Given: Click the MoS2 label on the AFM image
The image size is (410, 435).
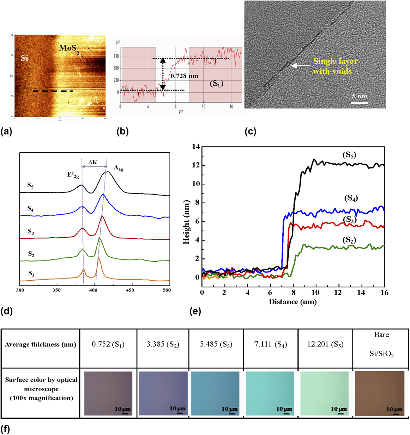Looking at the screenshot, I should click(x=69, y=48).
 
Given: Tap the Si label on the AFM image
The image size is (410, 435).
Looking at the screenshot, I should click(x=24, y=58).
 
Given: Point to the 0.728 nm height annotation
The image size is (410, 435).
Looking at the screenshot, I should click(x=184, y=76).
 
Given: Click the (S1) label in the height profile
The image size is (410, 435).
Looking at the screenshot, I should click(x=216, y=84).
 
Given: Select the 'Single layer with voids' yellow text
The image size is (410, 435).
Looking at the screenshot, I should click(x=335, y=66).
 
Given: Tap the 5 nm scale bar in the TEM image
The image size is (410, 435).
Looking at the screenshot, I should click(x=359, y=103).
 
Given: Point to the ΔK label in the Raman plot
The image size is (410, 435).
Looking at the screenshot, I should click(x=93, y=162).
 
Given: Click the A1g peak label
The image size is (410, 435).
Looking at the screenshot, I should click(x=119, y=169).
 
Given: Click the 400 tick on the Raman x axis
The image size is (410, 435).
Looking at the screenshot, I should click(x=93, y=290).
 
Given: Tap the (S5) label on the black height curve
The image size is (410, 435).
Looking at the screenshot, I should click(x=349, y=155).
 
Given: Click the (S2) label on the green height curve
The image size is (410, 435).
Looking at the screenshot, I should click(x=349, y=240).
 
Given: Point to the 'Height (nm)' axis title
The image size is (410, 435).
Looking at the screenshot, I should click(x=186, y=222).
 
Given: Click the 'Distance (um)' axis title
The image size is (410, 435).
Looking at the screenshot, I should click(x=293, y=302).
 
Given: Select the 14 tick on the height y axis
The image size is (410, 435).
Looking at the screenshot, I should click(x=195, y=147).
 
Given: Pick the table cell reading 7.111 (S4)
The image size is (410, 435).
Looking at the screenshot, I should click(x=271, y=344).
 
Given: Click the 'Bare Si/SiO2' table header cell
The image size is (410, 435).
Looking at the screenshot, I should click(x=381, y=344).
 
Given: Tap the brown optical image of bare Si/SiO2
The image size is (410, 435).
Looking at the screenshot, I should click(x=380, y=393).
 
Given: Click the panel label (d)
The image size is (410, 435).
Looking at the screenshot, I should click(x=7, y=311).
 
